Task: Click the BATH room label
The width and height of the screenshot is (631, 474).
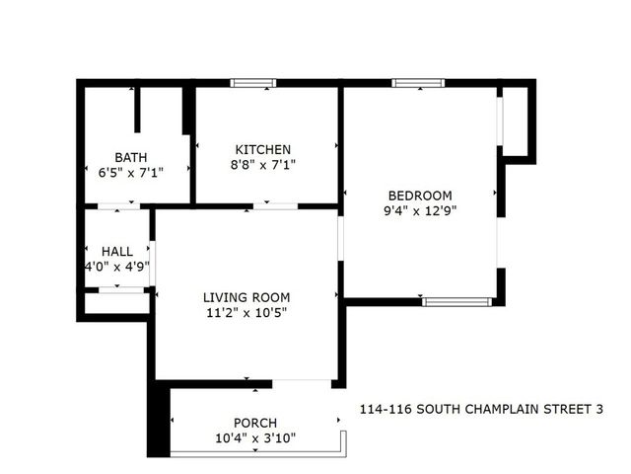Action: (131, 157)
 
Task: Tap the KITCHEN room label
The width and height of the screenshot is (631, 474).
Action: (262, 149)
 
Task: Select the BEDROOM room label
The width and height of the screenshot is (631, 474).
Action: (420, 195)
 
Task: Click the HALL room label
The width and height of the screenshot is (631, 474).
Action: (116, 252)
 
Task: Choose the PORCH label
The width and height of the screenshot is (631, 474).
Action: (254, 423)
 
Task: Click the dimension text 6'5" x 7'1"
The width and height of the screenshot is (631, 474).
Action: (124, 172)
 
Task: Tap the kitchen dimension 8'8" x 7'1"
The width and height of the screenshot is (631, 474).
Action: (262, 165)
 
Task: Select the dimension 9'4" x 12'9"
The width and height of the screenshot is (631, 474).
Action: (421, 210)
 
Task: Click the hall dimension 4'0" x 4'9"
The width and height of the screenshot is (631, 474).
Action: (116, 267)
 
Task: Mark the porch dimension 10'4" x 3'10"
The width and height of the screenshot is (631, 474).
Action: (254, 438)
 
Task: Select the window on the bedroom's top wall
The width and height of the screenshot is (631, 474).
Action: (418, 83)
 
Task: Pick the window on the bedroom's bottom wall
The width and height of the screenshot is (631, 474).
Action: (456, 300)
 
